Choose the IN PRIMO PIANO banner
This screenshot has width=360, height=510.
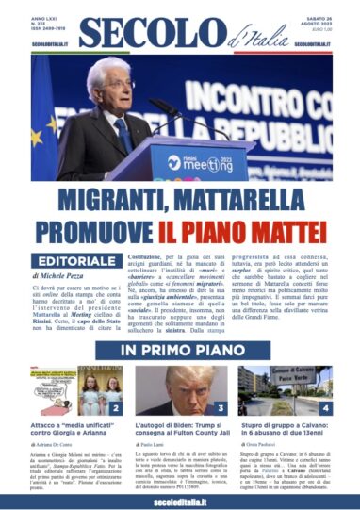[179, 351]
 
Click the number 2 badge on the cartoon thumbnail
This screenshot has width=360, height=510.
[114, 408]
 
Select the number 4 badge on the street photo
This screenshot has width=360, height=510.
[324, 408]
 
